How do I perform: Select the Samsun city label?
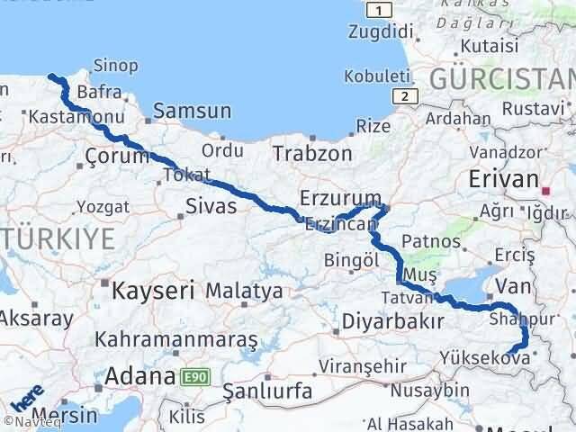(x=192, y=112)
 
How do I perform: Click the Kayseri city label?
(x=153, y=291)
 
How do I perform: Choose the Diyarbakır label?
(x=393, y=321)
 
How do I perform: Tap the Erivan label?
(x=503, y=179)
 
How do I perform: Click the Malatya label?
(x=244, y=292)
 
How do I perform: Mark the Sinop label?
(x=120, y=65)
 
